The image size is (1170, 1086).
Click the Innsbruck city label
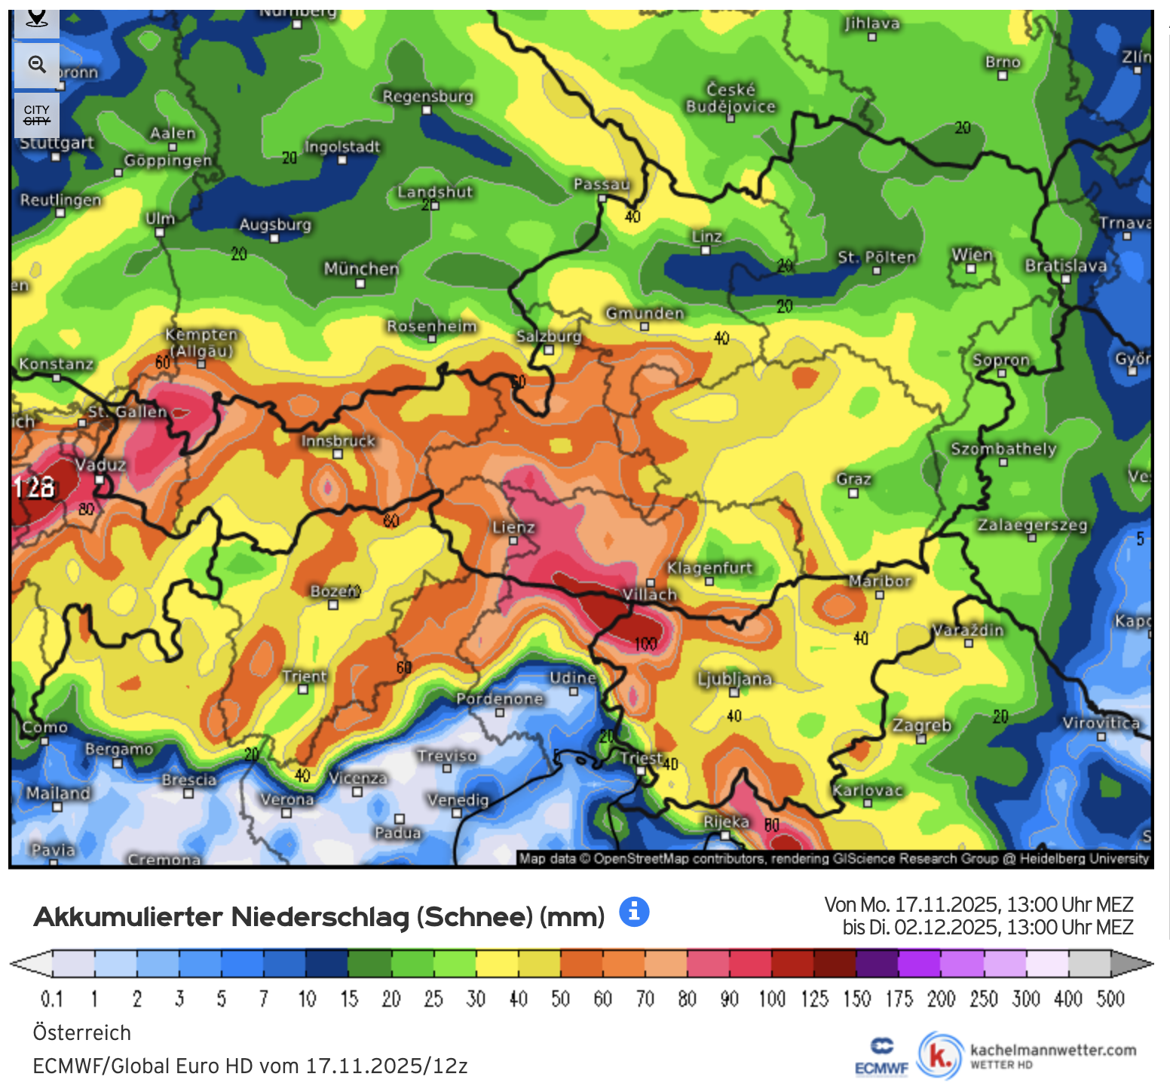pyautogui.click(x=338, y=440)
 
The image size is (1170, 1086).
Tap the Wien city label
pyautogui.click(x=972, y=254)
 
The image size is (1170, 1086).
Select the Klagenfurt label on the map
pyautogui.click(x=709, y=568)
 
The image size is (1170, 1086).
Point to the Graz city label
pyautogui.click(x=853, y=479)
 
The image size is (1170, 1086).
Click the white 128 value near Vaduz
pyautogui.click(x=35, y=487)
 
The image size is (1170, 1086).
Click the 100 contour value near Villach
pyautogui.click(x=646, y=644)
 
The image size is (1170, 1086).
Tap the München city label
pyautogui.click(x=361, y=268)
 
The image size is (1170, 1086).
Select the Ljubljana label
pyautogui.click(x=734, y=679)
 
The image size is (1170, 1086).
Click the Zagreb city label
pyautogui.click(x=921, y=725)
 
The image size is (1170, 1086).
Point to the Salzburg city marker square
pyautogui.click(x=549, y=350)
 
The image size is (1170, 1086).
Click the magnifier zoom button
pyautogui.click(x=37, y=65)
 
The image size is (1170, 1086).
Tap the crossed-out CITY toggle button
pyautogui.click(x=37, y=115)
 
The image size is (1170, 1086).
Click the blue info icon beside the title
pyautogui.click(x=634, y=912)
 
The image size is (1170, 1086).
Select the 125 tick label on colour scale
pyautogui.click(x=814, y=999)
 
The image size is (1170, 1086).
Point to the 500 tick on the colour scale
pyautogui.click(x=1110, y=999)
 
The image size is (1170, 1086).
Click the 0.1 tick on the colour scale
pyautogui.click(x=51, y=999)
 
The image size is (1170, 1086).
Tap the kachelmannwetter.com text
pyautogui.click(x=1052, y=1050)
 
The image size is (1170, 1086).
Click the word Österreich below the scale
pyautogui.click(x=82, y=1032)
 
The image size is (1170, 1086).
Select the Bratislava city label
pyautogui.click(x=1065, y=265)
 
